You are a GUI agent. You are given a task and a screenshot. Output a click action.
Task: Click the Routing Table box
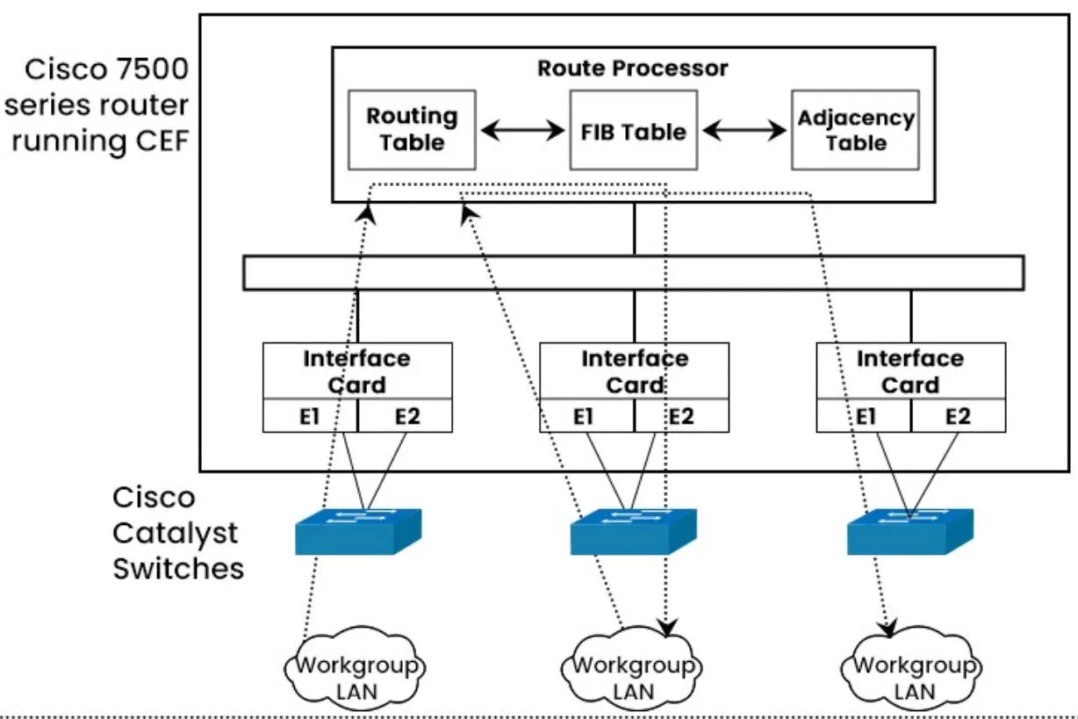point(412,129)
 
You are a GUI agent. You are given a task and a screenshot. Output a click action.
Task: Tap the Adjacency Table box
point(855,129)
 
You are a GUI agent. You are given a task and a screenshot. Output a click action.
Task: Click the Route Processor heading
point(632,68)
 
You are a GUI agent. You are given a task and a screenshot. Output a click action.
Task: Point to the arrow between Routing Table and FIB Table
point(523,131)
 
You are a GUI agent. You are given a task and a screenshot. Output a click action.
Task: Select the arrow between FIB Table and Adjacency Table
point(744,131)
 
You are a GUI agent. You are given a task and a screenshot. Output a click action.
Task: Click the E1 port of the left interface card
point(310,415)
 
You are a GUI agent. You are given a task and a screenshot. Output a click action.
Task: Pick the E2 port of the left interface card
point(406,415)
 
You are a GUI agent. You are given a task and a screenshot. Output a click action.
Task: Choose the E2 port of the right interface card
point(959,415)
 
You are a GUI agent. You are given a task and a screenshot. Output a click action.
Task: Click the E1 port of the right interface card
point(864,415)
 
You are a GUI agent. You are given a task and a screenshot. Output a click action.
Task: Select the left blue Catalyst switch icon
point(357,530)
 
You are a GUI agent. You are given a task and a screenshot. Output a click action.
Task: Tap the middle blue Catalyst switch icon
point(633,530)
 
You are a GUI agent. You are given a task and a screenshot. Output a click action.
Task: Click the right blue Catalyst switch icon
point(909,530)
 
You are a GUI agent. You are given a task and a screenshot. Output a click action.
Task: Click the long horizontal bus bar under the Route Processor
point(633,272)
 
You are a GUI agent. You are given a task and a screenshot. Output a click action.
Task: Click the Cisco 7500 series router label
point(97,104)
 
